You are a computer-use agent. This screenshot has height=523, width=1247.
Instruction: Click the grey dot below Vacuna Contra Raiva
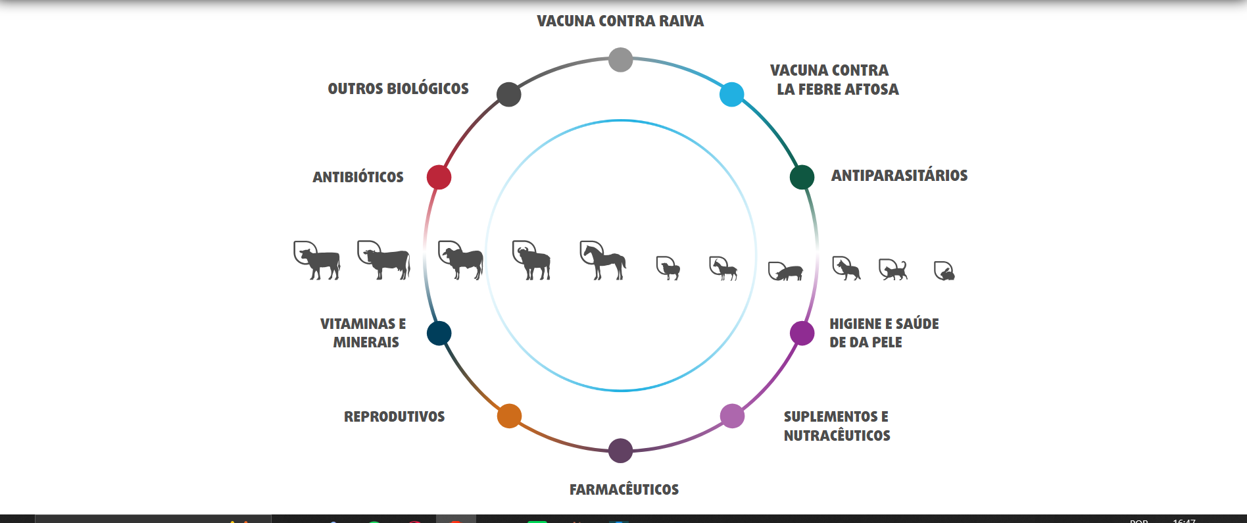620,60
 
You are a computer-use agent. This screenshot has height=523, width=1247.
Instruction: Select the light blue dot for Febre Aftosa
731,95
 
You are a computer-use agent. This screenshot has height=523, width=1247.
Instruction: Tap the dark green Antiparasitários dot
802,177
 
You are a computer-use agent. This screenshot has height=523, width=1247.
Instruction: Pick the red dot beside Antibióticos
439,177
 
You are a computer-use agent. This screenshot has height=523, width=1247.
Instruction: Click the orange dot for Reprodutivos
509,416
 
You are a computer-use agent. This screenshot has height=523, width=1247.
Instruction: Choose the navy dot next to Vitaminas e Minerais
439,333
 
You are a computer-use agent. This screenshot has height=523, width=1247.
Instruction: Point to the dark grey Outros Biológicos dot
509,95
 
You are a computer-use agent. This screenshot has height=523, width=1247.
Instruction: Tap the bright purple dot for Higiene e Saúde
802,333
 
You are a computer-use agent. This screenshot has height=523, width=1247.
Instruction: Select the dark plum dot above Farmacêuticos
620,451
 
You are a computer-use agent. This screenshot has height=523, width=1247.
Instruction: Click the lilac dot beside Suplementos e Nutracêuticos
732,416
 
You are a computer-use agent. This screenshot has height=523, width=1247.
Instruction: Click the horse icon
603,261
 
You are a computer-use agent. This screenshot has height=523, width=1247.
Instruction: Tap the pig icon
786,271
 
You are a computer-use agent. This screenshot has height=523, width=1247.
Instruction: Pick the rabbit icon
944,271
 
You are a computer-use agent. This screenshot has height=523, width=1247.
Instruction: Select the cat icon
894,269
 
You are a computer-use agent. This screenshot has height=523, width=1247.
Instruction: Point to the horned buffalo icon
531,261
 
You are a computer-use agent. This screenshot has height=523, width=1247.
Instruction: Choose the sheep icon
668,268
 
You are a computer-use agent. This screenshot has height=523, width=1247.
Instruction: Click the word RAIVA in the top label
681,21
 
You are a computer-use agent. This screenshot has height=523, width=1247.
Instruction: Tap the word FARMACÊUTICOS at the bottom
624,489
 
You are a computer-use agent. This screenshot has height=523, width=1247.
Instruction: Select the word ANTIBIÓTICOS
358,177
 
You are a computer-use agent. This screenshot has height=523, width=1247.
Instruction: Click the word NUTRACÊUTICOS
837,436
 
